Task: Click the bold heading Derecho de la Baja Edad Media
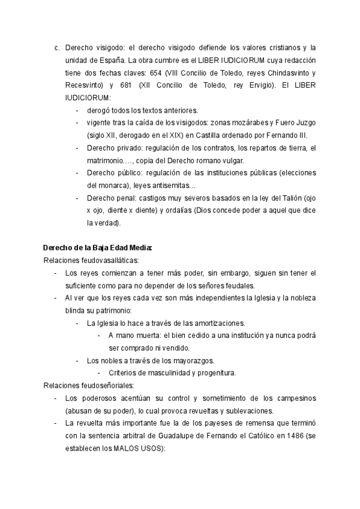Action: point(97,247)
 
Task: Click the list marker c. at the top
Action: point(56,47)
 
